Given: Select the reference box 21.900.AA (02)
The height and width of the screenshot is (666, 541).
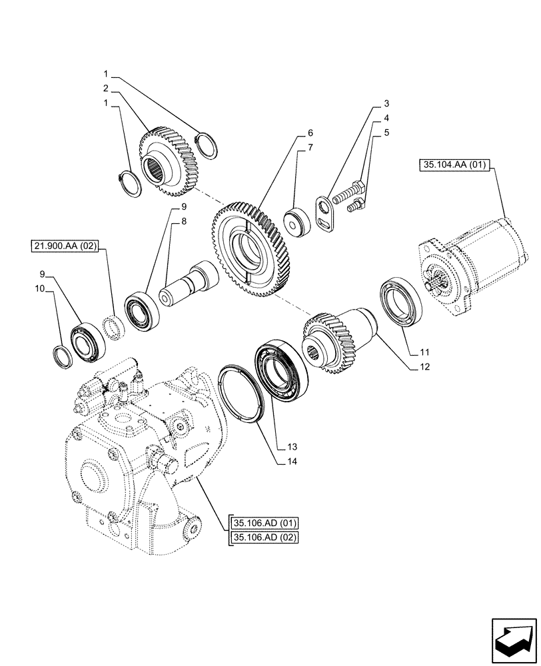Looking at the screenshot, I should [x=64, y=246].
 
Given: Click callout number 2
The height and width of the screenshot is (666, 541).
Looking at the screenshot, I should [x=106, y=88].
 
